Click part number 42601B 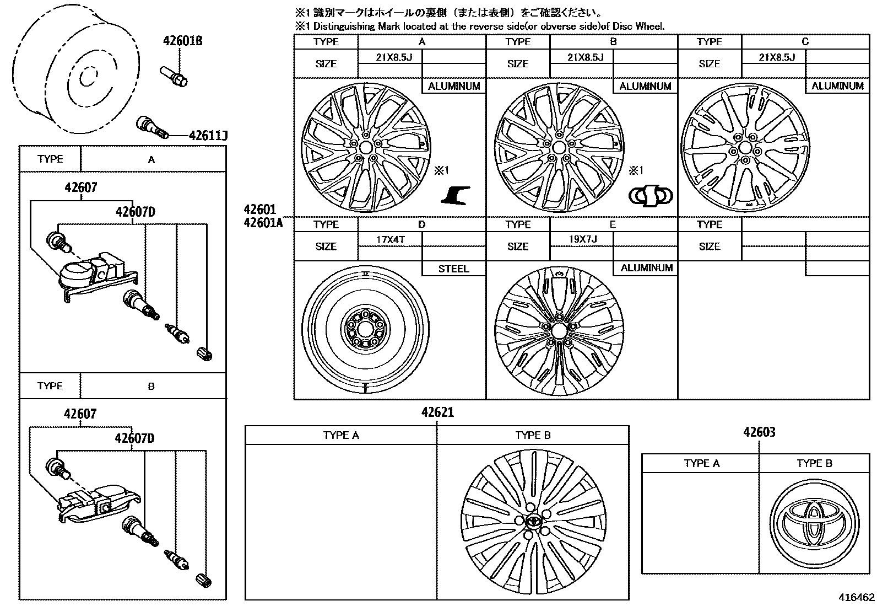[182, 41]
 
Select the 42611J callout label [208, 136]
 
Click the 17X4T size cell [391, 239]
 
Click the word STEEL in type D [453, 269]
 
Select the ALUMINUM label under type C [837, 86]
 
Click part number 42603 [759, 432]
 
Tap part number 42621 [438, 412]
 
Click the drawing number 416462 [856, 597]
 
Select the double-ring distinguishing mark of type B [651, 195]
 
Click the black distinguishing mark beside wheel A [456, 195]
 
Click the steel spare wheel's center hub [365, 330]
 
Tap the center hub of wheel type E [558, 331]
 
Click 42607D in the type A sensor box [135, 212]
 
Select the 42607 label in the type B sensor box [80, 414]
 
